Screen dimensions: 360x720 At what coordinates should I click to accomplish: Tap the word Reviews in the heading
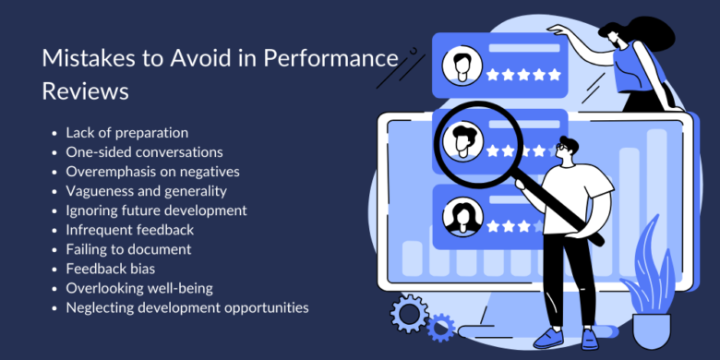click(85, 91)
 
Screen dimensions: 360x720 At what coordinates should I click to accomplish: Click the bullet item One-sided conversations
click(144, 151)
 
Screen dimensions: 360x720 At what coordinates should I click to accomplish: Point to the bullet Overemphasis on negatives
click(152, 171)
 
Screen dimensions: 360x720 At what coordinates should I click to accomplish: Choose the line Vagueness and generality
click(146, 190)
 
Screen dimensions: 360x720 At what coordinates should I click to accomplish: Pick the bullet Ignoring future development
click(156, 210)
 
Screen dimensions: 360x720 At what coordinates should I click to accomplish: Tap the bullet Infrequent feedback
click(130, 229)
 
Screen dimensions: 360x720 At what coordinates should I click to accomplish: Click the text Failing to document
click(128, 248)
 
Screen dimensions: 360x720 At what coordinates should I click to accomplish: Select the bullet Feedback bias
click(110, 268)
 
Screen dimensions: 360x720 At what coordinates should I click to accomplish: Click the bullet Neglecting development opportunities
click(186, 306)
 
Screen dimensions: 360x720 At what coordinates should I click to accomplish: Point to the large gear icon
click(409, 314)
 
